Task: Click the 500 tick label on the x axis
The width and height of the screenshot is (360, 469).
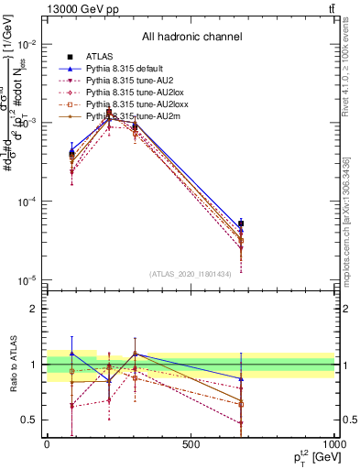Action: (191, 445)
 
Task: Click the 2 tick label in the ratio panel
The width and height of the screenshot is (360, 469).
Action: (33, 309)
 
